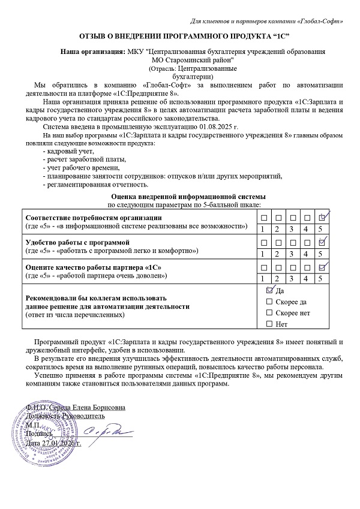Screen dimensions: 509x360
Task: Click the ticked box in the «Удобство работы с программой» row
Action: (322, 242)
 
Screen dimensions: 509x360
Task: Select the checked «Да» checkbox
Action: (269, 290)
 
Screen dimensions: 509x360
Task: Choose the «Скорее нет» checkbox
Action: (269, 313)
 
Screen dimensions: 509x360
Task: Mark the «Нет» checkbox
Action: (269, 324)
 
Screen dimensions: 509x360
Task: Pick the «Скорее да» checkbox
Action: (269, 302)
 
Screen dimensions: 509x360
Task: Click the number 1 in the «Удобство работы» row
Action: (262, 254)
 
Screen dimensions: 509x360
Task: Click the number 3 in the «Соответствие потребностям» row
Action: (292, 228)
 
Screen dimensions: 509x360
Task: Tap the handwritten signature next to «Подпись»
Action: (99, 430)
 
